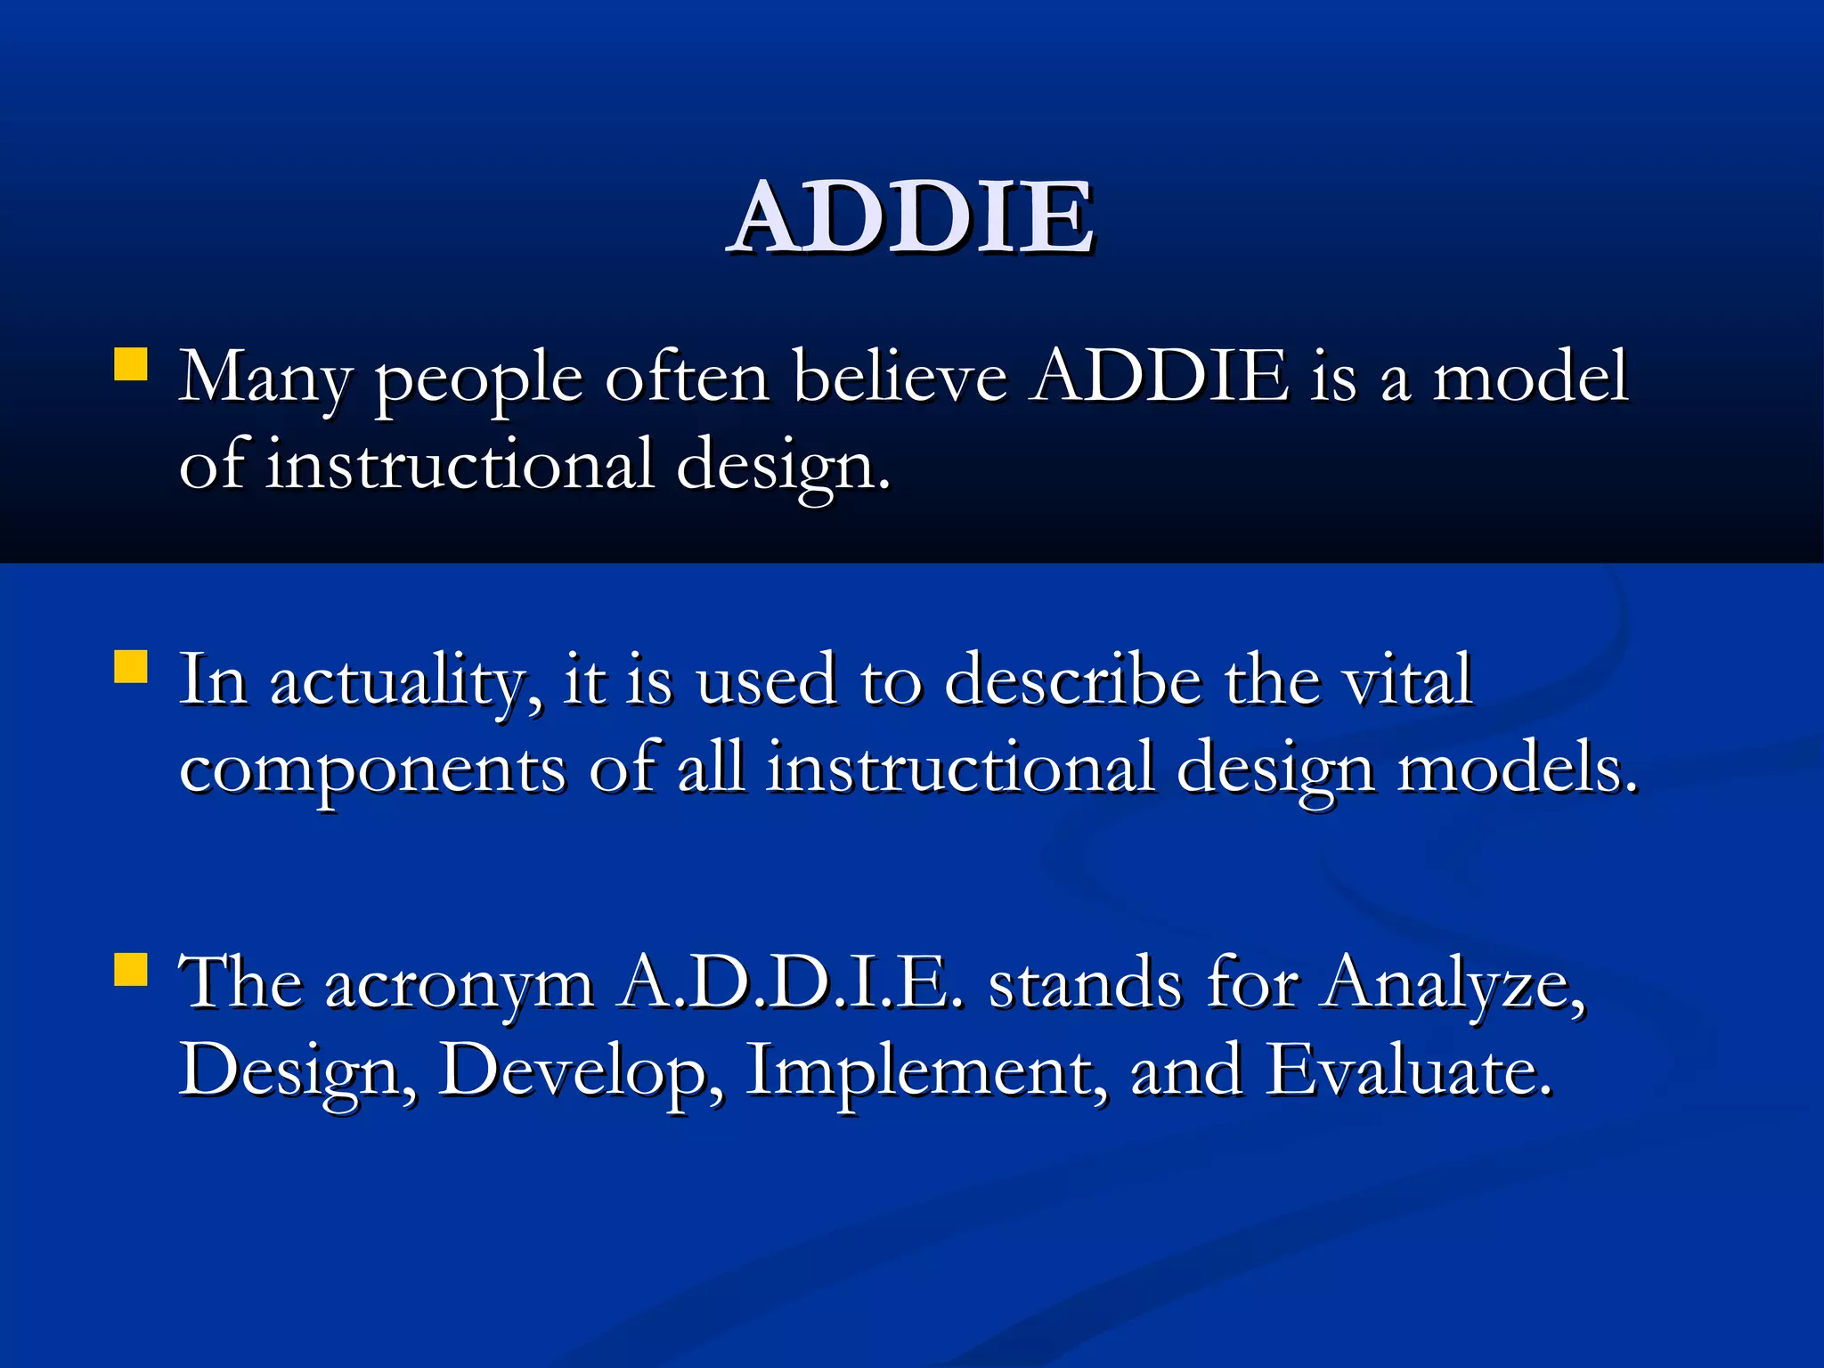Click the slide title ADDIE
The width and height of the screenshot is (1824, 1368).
pyautogui.click(x=910, y=216)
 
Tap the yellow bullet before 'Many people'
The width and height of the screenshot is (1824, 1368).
pyautogui.click(x=131, y=365)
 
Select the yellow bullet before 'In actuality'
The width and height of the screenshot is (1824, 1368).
pyautogui.click(x=131, y=667)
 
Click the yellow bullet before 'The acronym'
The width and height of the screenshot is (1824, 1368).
pyautogui.click(x=131, y=971)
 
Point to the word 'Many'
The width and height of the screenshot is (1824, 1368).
pyautogui.click(x=265, y=379)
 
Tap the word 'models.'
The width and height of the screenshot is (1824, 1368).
pyautogui.click(x=1517, y=768)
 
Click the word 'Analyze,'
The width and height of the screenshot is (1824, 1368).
pyautogui.click(x=1453, y=984)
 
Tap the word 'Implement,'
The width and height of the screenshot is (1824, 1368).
pyautogui.click(x=927, y=1071)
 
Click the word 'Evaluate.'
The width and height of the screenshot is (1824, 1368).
pyautogui.click(x=1409, y=1070)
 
